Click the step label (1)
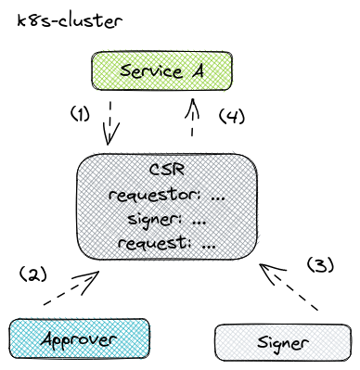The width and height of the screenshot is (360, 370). pos(82,115)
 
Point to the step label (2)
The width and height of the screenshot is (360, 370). pos(32,275)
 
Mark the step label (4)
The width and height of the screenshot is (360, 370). pos(231,117)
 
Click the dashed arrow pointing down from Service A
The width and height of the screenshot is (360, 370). pos(112,122)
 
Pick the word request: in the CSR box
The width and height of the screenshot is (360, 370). pos(151,245)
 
